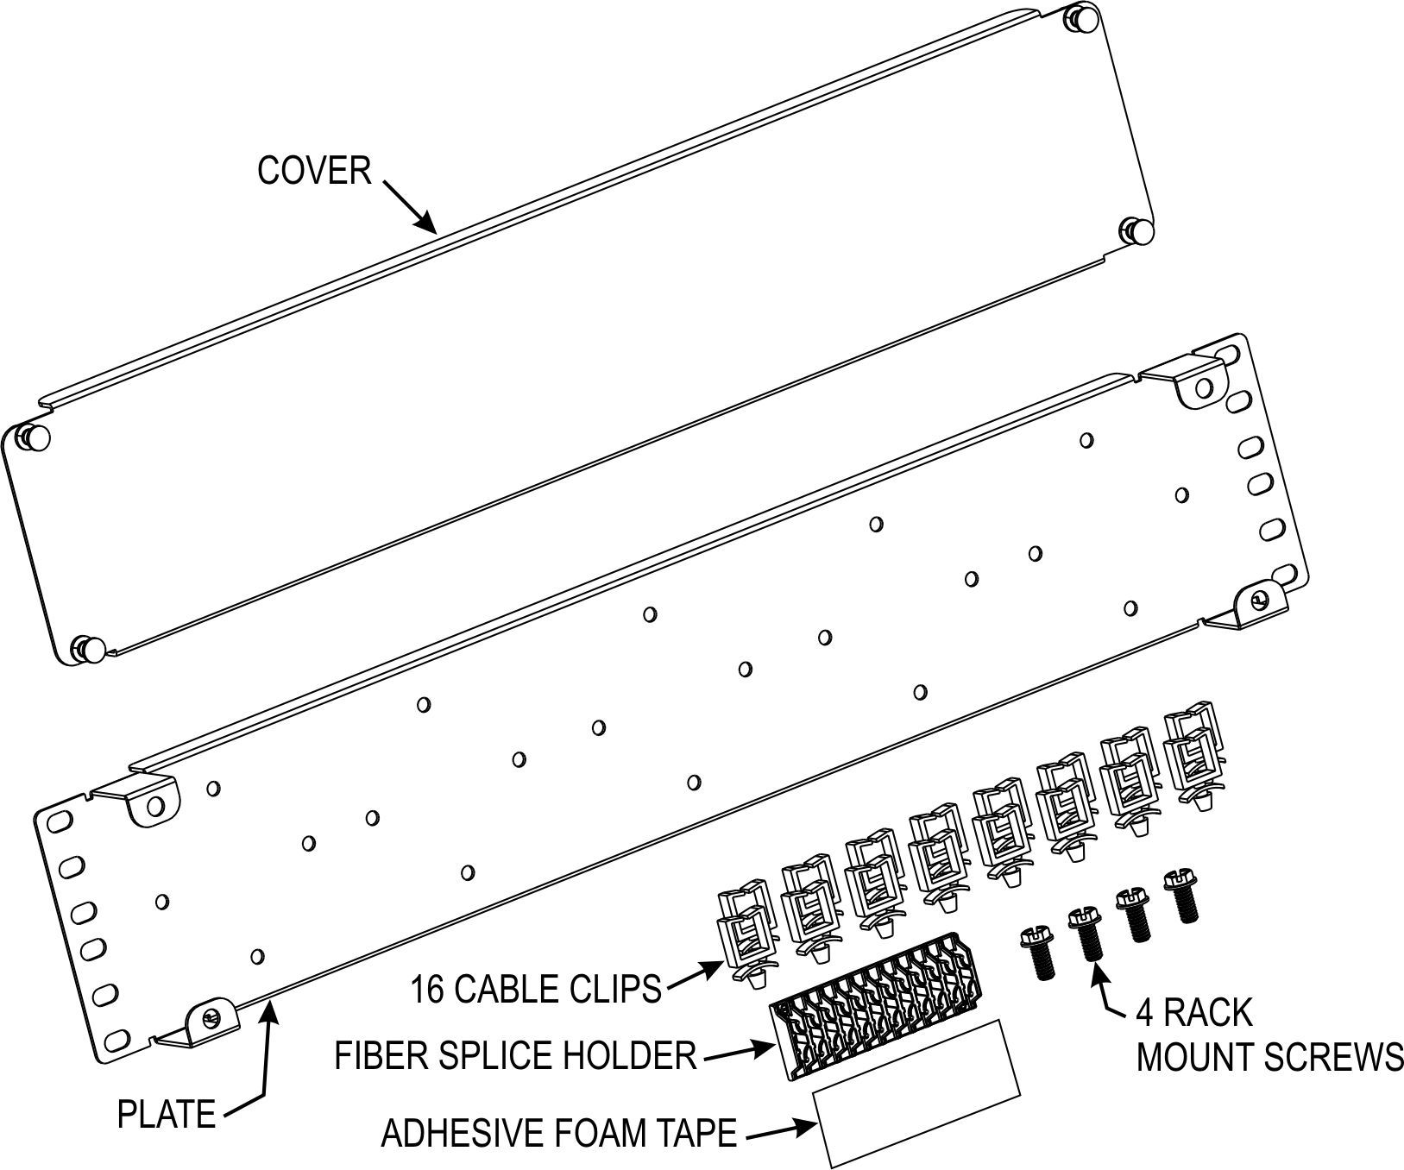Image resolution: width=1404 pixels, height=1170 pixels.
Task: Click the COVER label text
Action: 314,171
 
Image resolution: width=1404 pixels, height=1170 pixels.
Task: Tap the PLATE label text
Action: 167,1114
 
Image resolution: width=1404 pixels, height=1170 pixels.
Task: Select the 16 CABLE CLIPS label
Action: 535,989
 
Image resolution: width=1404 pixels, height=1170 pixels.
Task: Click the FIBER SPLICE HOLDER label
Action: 516,1054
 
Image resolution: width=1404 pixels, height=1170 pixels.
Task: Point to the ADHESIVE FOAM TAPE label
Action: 559,1133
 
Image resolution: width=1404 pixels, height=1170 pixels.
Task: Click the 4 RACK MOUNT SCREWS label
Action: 1269,1034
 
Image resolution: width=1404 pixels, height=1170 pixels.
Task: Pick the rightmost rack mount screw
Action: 1180,896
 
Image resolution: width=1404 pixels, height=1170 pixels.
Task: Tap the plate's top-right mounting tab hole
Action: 1204,387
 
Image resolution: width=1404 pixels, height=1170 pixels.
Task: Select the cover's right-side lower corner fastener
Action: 1140,230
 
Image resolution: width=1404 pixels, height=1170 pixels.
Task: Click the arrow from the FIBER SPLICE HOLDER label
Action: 740,1053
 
